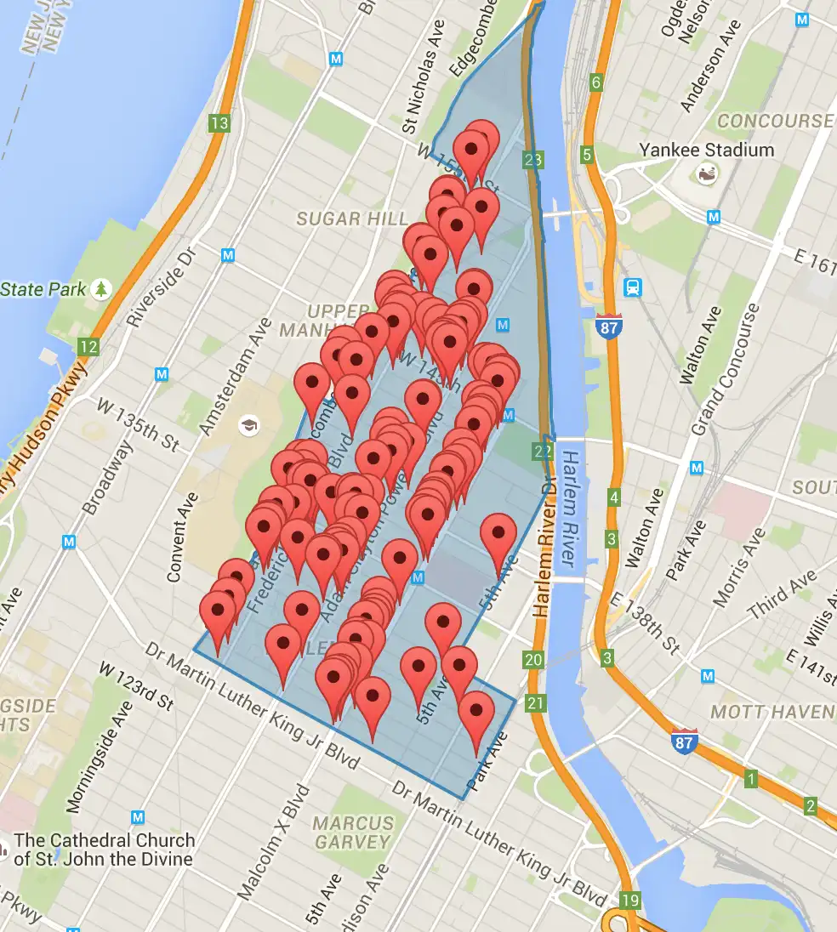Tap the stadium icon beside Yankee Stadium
706,174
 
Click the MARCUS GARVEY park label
353,833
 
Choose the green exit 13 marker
219,123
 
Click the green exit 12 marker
88,346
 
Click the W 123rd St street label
136,686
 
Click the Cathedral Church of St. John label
104,849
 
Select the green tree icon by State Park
102,289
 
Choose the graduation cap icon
249,425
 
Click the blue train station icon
632,287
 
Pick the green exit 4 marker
613,497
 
